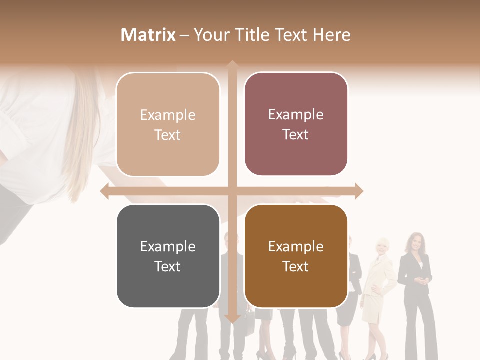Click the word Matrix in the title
(x=148, y=35)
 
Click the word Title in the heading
(x=255, y=35)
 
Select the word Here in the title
(x=331, y=35)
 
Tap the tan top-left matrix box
(x=168, y=124)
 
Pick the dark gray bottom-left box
(x=168, y=256)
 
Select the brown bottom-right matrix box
(x=296, y=256)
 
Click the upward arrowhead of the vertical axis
(x=232, y=65)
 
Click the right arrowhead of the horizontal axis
(x=358, y=191)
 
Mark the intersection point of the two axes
(x=232, y=191)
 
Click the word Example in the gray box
(x=168, y=246)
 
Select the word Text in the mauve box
(x=296, y=134)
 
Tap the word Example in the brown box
(x=296, y=246)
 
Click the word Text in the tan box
(x=168, y=135)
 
